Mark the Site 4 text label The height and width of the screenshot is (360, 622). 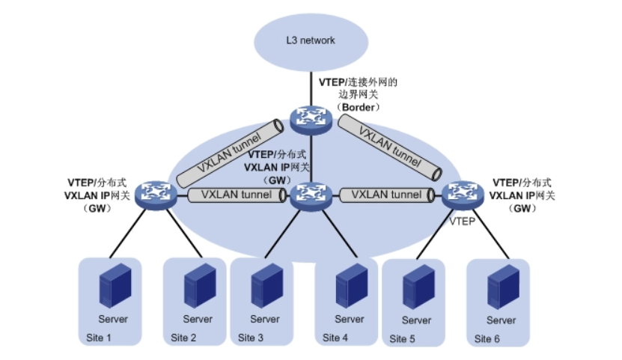tap(335, 338)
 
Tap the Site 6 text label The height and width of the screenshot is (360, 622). tap(487, 338)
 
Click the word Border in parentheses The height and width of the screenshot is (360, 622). tap(360, 108)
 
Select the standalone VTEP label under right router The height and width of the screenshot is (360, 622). tap(462, 223)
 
